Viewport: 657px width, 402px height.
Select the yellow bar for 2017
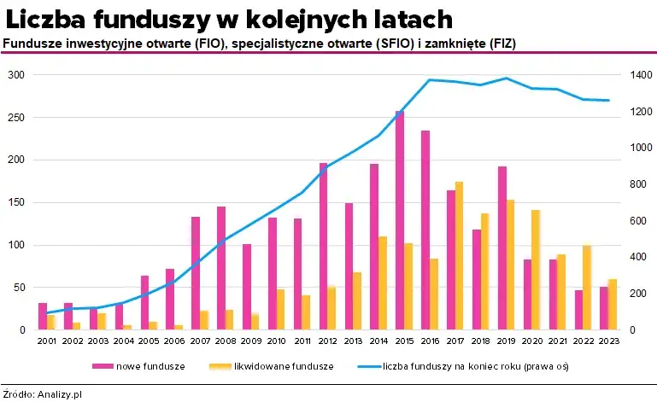pos(460,256)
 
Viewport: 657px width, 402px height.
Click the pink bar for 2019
pos(502,248)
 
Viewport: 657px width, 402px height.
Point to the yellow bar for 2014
pos(383,283)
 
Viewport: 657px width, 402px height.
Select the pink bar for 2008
pos(221,268)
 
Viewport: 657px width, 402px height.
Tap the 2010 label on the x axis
pos(276,341)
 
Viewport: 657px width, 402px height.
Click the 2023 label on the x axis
pos(608,341)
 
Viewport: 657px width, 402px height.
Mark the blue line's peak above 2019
pos(507,78)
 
